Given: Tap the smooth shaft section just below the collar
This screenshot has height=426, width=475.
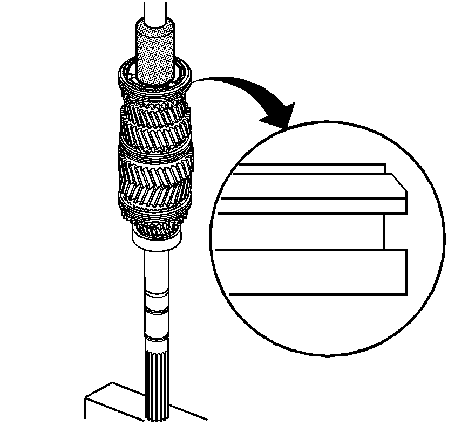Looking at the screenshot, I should [157, 270].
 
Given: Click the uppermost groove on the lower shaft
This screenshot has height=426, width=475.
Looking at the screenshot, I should [157, 294].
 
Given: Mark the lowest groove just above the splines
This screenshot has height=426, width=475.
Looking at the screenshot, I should [157, 338].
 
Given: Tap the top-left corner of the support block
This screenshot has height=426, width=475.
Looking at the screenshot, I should [85, 398].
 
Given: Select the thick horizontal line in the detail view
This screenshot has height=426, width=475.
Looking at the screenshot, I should [313, 198].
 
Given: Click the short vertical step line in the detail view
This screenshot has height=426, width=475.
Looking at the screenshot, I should [384, 231].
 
